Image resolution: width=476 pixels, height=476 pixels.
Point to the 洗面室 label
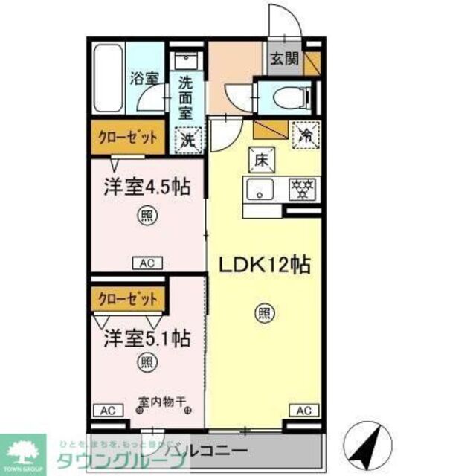(x=185, y=97)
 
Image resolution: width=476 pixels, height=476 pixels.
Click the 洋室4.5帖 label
(x=145, y=187)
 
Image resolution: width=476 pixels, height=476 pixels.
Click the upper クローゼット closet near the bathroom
(x=128, y=138)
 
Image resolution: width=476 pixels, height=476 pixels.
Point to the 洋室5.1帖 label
(x=145, y=338)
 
